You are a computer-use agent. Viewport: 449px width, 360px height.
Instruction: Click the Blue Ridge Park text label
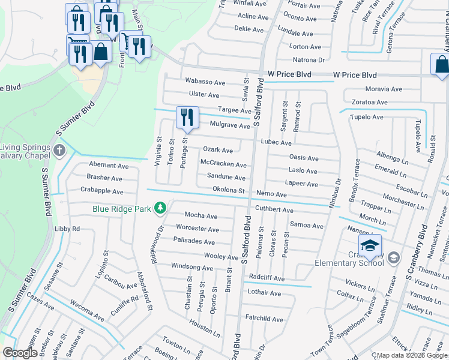[x=122, y=209]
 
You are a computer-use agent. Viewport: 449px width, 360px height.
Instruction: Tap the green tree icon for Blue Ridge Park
[x=160, y=208]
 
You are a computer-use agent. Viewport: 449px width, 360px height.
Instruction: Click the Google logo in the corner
[x=20, y=353]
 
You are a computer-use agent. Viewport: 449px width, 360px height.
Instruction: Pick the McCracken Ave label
[x=223, y=164]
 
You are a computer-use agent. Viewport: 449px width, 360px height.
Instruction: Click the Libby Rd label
[x=67, y=229]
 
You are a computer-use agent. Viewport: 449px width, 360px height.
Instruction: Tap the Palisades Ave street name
[x=194, y=242]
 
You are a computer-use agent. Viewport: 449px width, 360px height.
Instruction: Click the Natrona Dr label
[x=307, y=60]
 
